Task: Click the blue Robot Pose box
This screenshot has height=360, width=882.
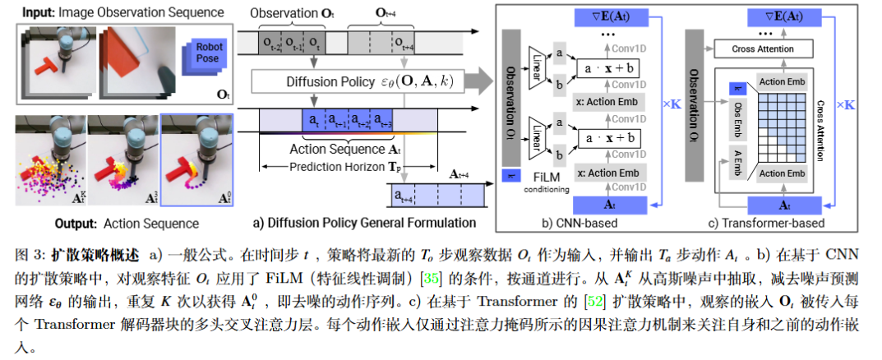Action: coord(209,58)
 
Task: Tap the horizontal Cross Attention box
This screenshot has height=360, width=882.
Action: coord(763,49)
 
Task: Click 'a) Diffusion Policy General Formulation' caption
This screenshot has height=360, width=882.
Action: coord(364,223)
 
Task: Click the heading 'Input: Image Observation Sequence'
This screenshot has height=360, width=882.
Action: coord(123,12)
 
